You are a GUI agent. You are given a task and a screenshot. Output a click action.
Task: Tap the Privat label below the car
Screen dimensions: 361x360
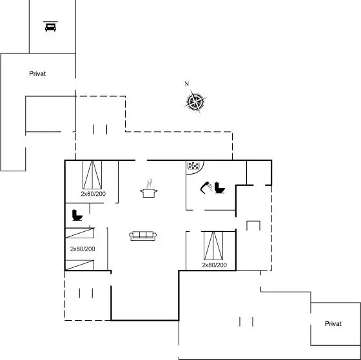coord(37,73)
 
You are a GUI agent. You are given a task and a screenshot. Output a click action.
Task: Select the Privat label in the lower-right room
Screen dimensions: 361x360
coord(333,324)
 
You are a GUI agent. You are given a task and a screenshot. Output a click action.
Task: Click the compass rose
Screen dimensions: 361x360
coord(195,102)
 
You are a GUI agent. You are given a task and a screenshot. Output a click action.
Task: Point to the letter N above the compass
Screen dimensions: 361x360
coord(187,84)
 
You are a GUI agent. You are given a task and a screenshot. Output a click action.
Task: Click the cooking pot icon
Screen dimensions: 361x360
coord(149,193)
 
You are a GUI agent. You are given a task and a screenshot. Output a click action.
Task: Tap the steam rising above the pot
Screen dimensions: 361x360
coord(150,183)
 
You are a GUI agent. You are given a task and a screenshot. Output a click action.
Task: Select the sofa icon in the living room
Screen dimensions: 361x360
coord(142,236)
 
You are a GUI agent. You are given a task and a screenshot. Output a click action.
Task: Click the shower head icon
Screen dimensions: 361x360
coord(206,187)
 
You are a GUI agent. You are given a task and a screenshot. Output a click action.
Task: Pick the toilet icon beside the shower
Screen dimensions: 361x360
coord(219,187)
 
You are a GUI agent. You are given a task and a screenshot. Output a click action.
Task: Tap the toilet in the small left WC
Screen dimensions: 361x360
coord(77,215)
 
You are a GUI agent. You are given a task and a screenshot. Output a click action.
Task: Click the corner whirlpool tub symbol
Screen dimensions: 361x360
coord(195,167)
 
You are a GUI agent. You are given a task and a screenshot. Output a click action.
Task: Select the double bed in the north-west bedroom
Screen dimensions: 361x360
coord(92,175)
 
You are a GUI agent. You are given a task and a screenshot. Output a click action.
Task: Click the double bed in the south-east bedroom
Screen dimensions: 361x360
coord(213,245)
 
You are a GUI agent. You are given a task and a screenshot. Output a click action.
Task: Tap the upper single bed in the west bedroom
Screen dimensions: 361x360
coord(80,232)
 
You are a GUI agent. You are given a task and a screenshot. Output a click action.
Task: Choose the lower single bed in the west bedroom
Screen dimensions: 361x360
coord(80,265)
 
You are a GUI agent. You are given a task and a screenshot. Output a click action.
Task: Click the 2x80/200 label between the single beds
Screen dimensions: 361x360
coord(83,249)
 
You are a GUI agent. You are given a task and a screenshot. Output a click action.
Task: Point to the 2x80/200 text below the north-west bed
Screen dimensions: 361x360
coord(93,194)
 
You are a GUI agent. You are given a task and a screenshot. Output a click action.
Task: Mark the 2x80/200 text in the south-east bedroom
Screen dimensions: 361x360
coord(214,265)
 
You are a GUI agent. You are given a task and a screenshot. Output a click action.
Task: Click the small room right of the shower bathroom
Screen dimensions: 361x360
coord(259,173)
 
